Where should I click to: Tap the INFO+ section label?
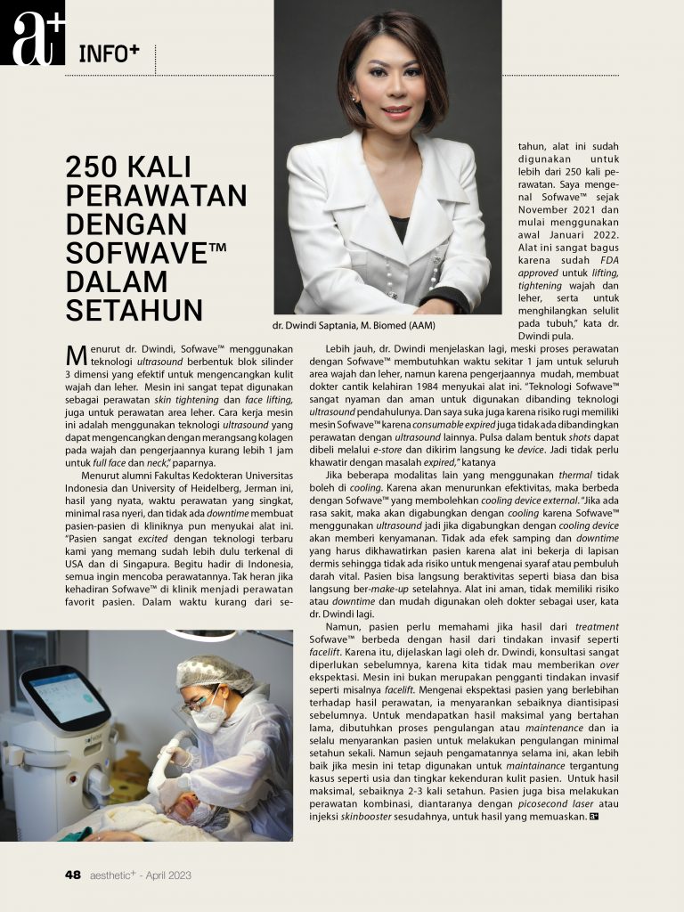[109, 53]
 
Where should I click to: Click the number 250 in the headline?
[97, 167]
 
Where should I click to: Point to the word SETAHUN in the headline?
[134, 309]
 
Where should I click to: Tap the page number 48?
[73, 875]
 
